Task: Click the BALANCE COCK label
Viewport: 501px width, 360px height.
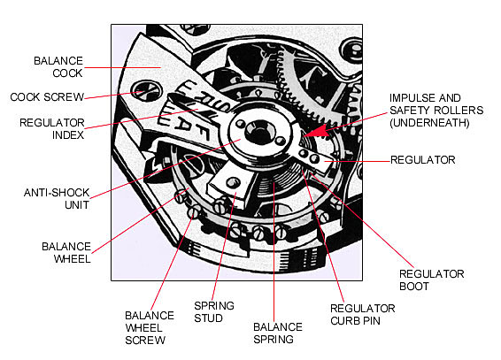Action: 58,67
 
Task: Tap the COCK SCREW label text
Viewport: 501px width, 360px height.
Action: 47,96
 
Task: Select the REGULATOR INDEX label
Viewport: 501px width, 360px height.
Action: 52,129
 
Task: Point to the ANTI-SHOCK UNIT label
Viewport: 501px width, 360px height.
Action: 57,198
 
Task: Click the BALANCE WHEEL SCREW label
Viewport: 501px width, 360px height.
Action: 150,328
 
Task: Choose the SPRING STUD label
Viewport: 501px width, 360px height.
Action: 214,312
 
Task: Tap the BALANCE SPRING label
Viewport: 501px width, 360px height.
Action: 278,333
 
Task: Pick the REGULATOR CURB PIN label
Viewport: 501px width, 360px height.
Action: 363,315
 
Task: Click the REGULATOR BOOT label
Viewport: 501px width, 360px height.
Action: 432,280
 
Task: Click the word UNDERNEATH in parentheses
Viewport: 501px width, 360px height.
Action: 429,123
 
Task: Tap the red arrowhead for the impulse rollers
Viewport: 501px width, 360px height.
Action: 317,131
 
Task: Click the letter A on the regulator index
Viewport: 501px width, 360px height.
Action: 182,122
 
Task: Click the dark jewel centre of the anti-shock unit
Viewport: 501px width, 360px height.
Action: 258,131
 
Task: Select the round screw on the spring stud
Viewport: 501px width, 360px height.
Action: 233,183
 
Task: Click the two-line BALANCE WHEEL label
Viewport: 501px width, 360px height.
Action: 66,252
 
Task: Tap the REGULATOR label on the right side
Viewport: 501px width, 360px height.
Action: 423,160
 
